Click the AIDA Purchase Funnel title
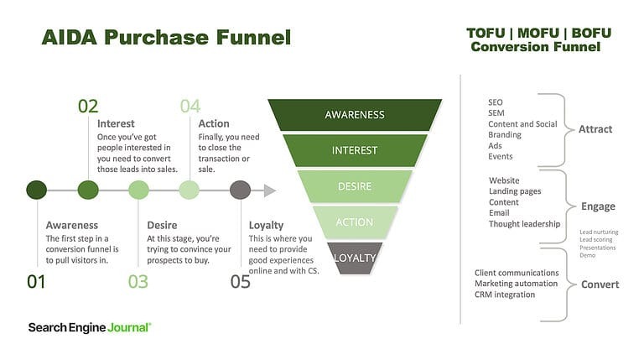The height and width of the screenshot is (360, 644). coord(166,38)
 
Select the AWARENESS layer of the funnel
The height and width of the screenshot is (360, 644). coord(354,115)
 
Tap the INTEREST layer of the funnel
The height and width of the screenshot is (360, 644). coord(355,151)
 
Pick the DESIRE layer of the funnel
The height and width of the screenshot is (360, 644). coord(355,187)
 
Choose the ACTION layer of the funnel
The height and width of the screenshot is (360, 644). coord(355,222)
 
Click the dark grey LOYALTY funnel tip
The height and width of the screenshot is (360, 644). coord(355,258)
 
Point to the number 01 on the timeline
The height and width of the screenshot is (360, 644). coord(36,281)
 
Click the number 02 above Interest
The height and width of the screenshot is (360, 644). coord(87,106)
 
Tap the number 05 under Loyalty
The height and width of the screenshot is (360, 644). coord(240,281)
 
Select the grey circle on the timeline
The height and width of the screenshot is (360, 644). coord(240,190)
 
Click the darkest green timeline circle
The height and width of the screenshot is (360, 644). coord(36,190)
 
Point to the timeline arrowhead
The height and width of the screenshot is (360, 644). coord(269,190)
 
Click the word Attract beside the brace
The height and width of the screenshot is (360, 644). coord(595,129)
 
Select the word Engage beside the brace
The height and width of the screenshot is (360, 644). coord(598,206)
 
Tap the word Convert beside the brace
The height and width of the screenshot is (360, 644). coord(600,284)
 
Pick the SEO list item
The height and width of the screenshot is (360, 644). coord(496,102)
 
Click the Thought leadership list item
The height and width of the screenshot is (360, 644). coord(524,224)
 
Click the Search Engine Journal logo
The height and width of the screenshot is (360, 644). coord(90,327)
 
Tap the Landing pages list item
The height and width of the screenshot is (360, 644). coord(515,191)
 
